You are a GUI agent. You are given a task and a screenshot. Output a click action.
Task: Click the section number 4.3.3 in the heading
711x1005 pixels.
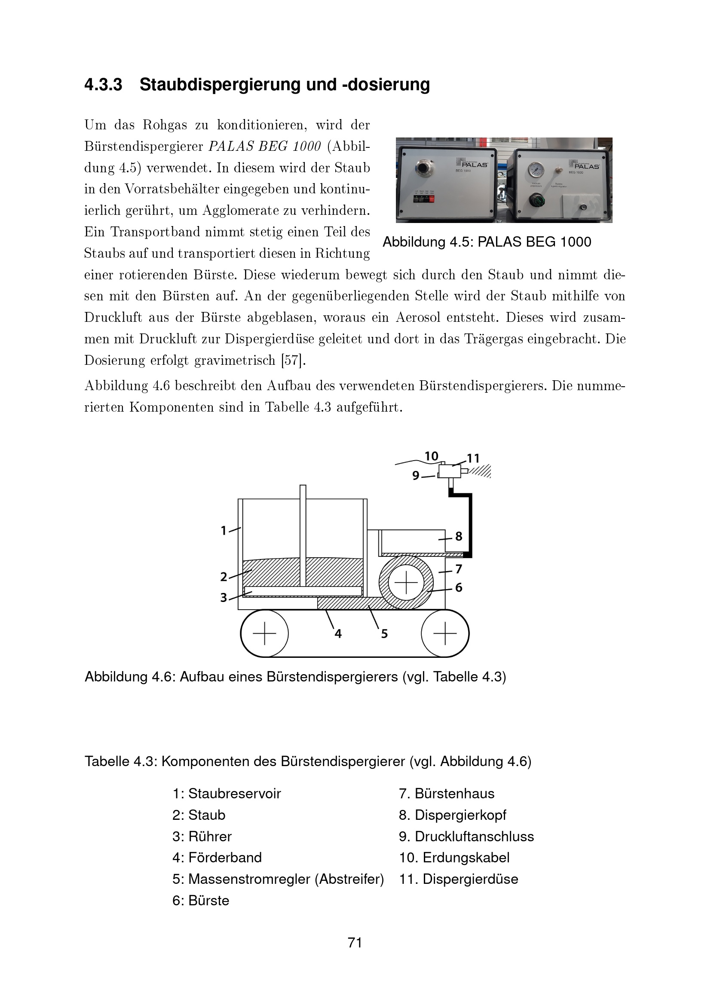click(103, 85)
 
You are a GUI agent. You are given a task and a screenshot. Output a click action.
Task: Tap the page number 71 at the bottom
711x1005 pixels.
click(355, 942)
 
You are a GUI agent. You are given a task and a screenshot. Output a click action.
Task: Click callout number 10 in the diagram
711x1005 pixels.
click(431, 456)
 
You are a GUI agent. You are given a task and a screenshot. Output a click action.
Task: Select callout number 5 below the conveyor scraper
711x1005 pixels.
click(384, 634)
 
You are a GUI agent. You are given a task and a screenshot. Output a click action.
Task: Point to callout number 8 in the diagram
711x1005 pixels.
click(458, 536)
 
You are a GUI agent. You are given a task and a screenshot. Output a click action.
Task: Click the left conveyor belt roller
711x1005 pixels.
click(264, 633)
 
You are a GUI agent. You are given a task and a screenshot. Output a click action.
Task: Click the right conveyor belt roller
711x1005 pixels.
click(445, 633)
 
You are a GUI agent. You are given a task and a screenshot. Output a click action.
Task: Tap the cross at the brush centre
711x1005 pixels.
click(406, 583)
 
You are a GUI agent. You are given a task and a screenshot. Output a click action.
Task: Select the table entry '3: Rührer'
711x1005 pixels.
click(202, 837)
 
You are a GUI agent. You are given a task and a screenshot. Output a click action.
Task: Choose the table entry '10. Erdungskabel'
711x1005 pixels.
click(454, 858)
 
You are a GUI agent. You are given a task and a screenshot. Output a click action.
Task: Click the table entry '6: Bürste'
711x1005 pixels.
click(200, 901)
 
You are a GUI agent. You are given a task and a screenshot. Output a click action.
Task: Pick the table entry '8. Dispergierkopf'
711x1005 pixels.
click(453, 815)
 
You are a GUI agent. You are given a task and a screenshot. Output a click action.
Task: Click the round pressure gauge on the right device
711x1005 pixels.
click(536, 169)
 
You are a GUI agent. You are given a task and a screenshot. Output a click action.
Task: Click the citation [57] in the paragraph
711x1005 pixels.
click(292, 360)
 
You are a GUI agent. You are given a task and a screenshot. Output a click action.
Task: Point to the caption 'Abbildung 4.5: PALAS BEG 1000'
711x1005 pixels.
click(487, 241)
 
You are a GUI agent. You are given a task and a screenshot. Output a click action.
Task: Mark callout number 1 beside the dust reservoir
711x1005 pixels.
click(224, 531)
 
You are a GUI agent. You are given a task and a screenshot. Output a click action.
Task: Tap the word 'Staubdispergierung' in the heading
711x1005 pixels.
click(221, 85)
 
